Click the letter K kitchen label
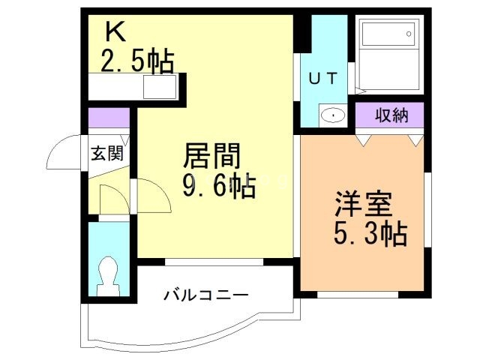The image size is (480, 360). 115,32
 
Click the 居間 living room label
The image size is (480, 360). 212,157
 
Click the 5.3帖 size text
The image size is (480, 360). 370,234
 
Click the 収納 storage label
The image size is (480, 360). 389,115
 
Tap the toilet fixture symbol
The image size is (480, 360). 109,273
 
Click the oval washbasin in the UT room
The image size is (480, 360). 331,116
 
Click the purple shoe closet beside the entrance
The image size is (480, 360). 107,118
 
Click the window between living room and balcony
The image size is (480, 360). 214,262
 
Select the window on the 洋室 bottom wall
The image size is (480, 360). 357,295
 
